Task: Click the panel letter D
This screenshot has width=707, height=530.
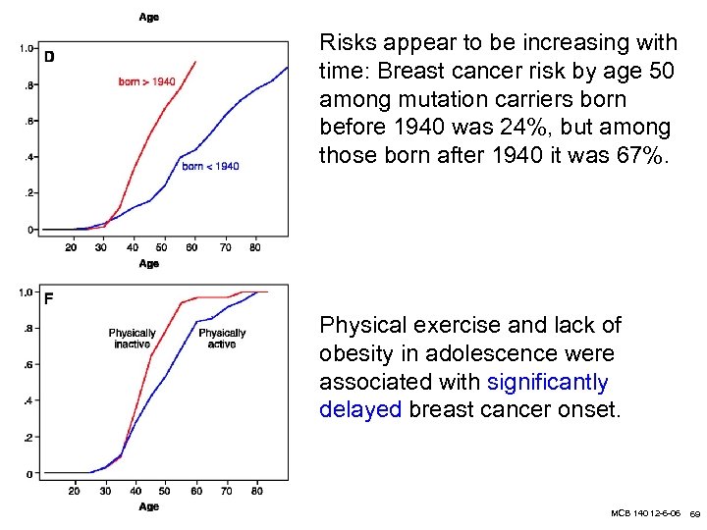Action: tap(49, 57)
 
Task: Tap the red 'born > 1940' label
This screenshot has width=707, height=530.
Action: tap(147, 81)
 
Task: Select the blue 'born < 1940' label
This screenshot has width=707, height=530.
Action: tap(210, 166)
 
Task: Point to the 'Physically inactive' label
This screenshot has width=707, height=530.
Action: tap(132, 339)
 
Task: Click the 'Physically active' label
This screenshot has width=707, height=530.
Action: tap(222, 339)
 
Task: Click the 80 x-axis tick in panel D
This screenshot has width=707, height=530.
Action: tap(255, 247)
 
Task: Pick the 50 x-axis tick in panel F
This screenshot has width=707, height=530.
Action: tap(164, 491)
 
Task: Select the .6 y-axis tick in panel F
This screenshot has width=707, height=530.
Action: tap(28, 364)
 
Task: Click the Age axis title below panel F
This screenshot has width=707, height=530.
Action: tap(149, 506)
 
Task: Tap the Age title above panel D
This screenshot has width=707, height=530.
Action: tap(149, 18)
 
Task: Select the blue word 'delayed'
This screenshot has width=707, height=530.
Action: tap(360, 410)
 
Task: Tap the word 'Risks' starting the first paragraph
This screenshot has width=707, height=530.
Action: tap(348, 43)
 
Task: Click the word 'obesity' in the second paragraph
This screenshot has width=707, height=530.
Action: tap(359, 353)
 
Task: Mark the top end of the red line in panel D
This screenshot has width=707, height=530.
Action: tap(196, 62)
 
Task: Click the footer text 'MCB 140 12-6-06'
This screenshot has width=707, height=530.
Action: tap(645, 514)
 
